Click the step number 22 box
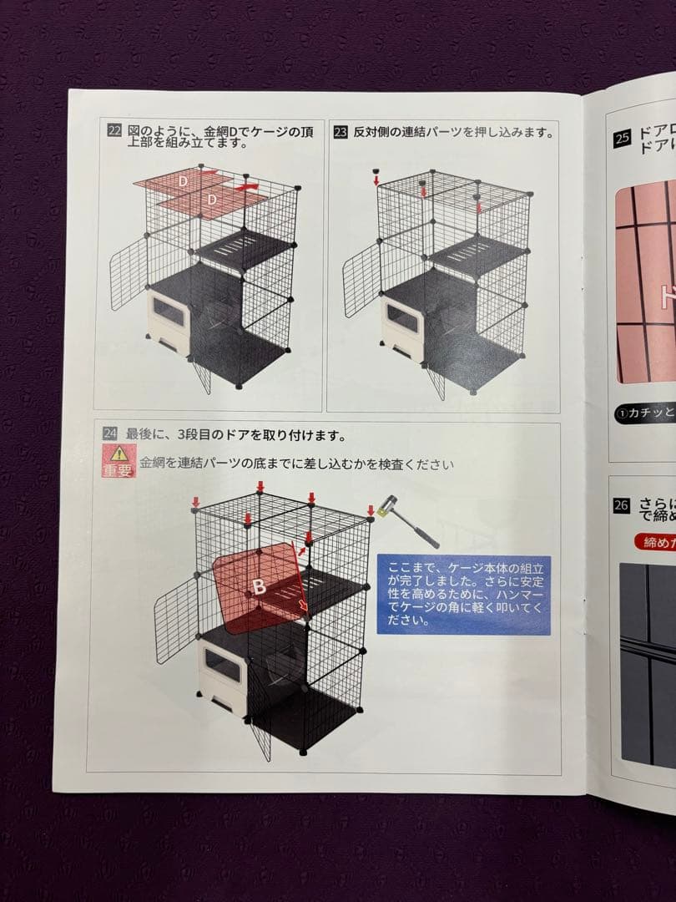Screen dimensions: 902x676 (114, 130)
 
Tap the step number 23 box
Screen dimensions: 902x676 (340, 132)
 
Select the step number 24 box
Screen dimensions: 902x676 (110, 433)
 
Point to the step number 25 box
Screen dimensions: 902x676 (622, 139)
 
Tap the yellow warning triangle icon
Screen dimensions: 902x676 (119, 454)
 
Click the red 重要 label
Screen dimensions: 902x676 (119, 470)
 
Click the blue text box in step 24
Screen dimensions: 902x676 (463, 595)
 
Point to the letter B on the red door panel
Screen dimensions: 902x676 (260, 586)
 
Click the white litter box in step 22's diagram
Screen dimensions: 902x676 (168, 318)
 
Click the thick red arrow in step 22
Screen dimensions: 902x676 (250, 187)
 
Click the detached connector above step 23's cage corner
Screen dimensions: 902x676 (376, 173)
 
